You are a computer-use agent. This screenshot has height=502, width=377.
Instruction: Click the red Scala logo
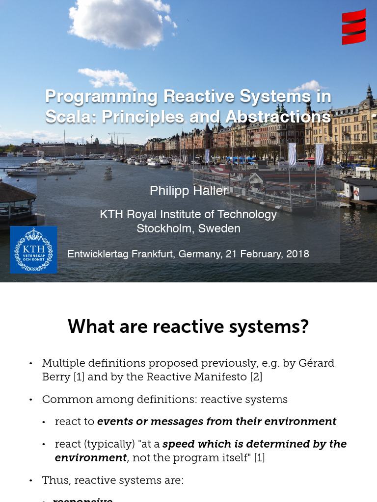(x=354, y=27)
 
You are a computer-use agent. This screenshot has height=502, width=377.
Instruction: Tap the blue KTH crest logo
(x=33, y=250)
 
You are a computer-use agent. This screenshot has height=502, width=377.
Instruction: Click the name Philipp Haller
(x=188, y=191)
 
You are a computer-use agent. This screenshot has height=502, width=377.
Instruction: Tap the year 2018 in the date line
(x=297, y=254)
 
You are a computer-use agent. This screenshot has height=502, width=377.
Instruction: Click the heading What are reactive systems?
(x=188, y=326)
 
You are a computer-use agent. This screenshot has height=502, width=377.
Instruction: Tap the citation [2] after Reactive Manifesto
(x=256, y=377)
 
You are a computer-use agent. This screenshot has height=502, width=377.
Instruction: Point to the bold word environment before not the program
(x=91, y=458)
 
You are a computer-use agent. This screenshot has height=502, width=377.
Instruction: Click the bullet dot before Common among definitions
(x=31, y=400)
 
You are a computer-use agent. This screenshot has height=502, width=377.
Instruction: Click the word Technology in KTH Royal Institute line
(x=247, y=214)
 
